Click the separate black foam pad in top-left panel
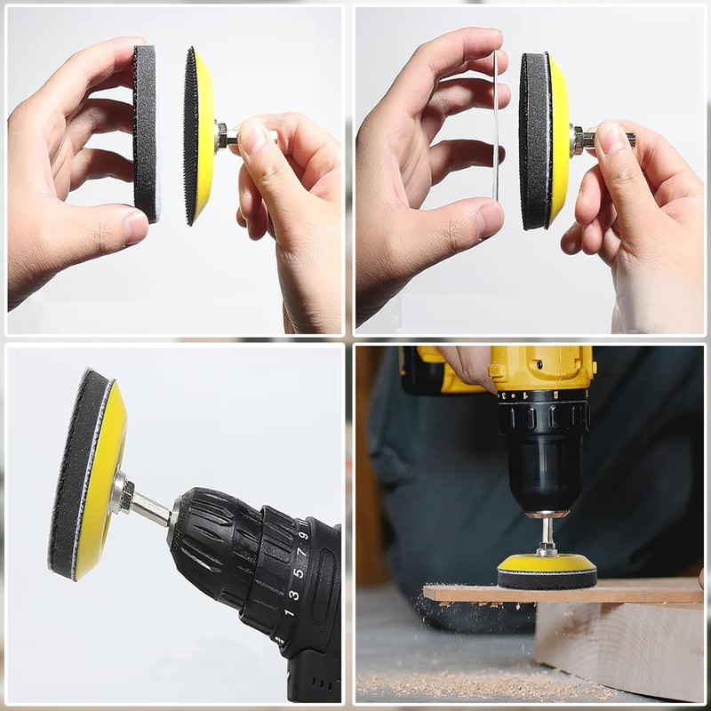(x=146, y=133)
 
